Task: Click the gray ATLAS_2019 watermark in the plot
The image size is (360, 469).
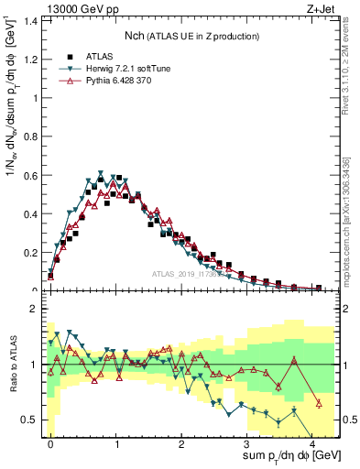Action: coord(188,274)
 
